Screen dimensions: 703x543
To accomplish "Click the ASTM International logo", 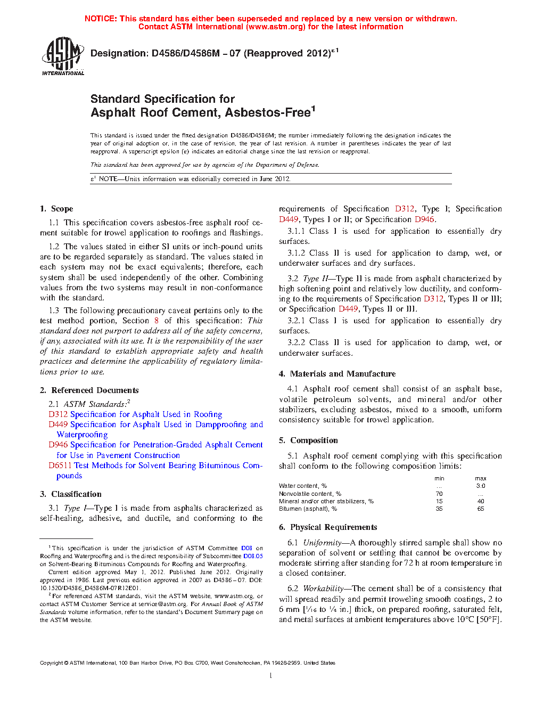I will coord(63,56).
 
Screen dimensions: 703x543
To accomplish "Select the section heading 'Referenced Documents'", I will coord(95,390).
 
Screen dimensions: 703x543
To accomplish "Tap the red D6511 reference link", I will coord(60,465).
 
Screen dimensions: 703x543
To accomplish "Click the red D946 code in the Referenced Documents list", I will coord(58,445).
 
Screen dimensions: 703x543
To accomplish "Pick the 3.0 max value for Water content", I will coord(481,486).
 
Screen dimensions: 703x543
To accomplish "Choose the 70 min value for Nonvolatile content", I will coord(439,494).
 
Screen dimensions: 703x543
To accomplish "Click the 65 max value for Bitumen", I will coord(481,509).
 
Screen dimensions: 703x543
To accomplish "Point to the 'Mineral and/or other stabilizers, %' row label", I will coord(326,501).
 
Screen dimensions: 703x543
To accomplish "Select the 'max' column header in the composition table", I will coord(481,478).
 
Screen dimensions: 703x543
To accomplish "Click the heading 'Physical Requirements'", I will coord(333,527).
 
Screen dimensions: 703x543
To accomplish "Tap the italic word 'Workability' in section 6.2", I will coord(323,588).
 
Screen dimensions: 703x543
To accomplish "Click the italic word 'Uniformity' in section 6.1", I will coord(322,543).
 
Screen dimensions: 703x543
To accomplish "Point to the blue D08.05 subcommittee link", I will coord(253,556).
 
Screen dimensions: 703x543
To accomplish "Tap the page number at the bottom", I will coord(271,676).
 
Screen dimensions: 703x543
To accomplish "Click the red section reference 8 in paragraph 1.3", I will coord(157,321).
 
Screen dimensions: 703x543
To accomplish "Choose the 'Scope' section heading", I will coord(62,209).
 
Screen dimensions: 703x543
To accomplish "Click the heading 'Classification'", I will coord(76,494).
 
